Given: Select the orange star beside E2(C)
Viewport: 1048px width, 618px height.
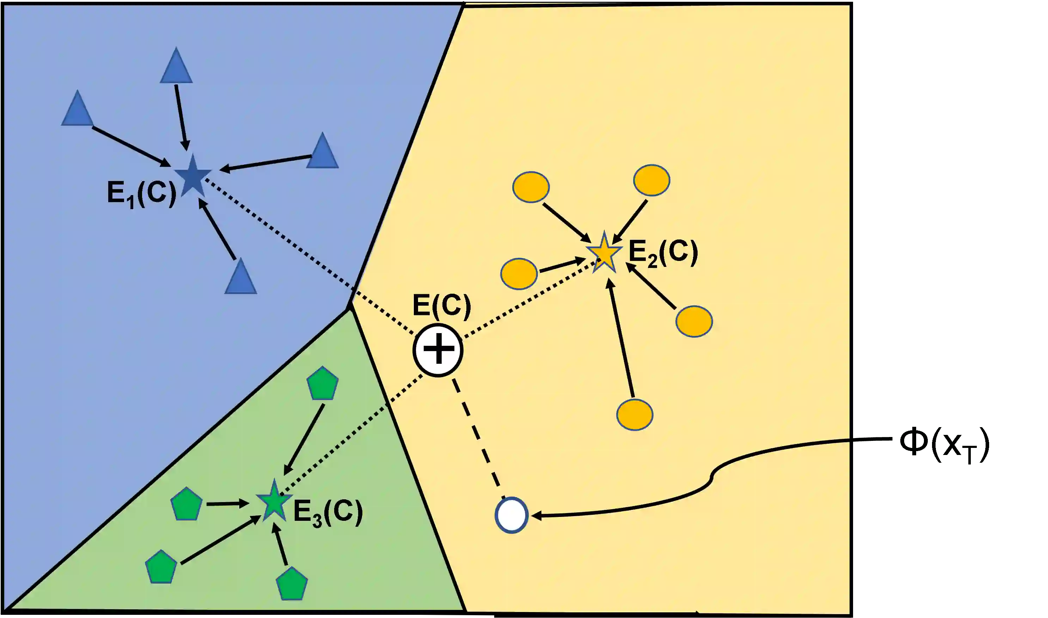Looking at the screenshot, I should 604,253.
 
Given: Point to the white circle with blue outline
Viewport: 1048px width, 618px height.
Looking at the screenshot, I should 511,515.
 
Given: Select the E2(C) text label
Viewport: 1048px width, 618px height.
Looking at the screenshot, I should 663,253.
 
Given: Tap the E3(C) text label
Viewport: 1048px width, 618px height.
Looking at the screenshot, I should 328,513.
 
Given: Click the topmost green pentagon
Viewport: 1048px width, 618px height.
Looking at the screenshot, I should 322,383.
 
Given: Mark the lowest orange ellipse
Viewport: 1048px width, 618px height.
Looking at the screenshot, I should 635,415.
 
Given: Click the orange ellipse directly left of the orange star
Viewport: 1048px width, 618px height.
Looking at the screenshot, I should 519,274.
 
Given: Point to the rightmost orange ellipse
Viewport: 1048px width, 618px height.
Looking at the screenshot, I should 694,321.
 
